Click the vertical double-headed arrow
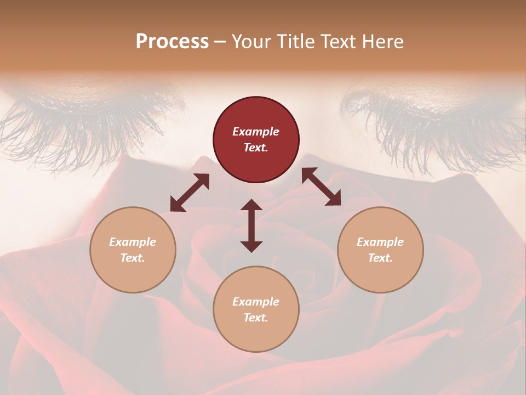click(251, 225)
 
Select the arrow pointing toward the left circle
click(190, 193)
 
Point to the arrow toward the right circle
click(321, 187)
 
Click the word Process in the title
click(172, 42)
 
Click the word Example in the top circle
click(256, 132)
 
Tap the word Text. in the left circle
click(133, 258)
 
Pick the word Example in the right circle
click(380, 242)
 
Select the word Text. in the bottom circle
click(256, 318)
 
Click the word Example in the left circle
click(133, 242)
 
